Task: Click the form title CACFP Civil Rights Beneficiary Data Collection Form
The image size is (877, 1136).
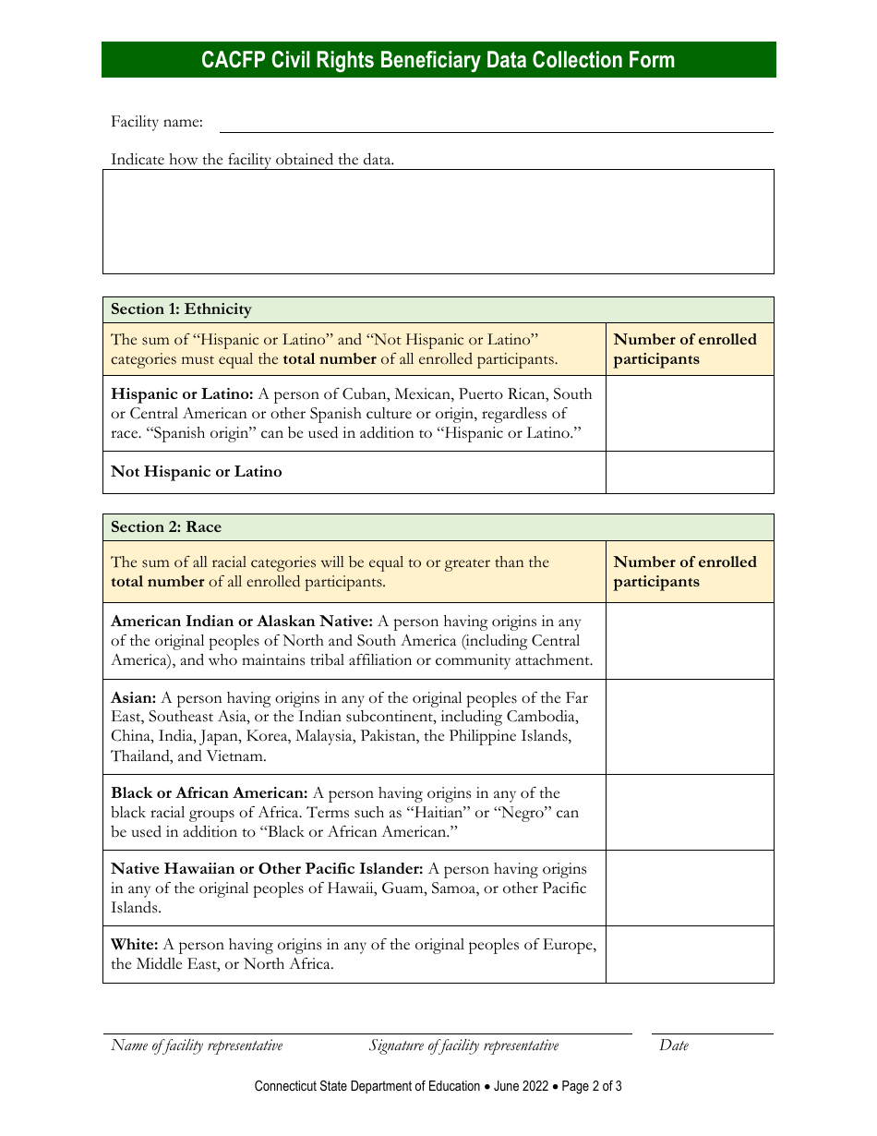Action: [x=438, y=60]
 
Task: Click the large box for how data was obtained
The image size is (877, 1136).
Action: [x=438, y=222]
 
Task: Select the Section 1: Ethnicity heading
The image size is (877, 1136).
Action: [x=181, y=309]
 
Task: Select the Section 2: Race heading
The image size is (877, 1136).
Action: [x=166, y=527]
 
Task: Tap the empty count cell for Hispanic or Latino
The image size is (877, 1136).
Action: [x=690, y=413]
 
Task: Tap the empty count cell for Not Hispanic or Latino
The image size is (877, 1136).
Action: [x=690, y=472]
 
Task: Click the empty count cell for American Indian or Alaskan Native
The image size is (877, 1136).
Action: [x=690, y=641]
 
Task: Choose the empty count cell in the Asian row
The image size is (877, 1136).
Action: [x=690, y=727]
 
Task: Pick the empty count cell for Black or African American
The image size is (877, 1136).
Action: [x=690, y=813]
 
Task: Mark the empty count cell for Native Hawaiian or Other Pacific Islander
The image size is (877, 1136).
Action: [x=690, y=888]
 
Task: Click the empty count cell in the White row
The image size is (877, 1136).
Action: [x=690, y=955]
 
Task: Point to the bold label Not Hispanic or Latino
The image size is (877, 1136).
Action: [x=197, y=472]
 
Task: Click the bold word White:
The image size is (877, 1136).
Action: [x=135, y=945]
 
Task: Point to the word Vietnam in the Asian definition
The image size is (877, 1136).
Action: [x=234, y=756]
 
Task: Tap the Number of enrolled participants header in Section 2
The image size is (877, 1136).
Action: [x=684, y=572]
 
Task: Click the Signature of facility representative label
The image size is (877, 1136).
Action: [x=463, y=1045]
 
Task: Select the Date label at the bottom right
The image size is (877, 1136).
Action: [x=674, y=1045]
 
